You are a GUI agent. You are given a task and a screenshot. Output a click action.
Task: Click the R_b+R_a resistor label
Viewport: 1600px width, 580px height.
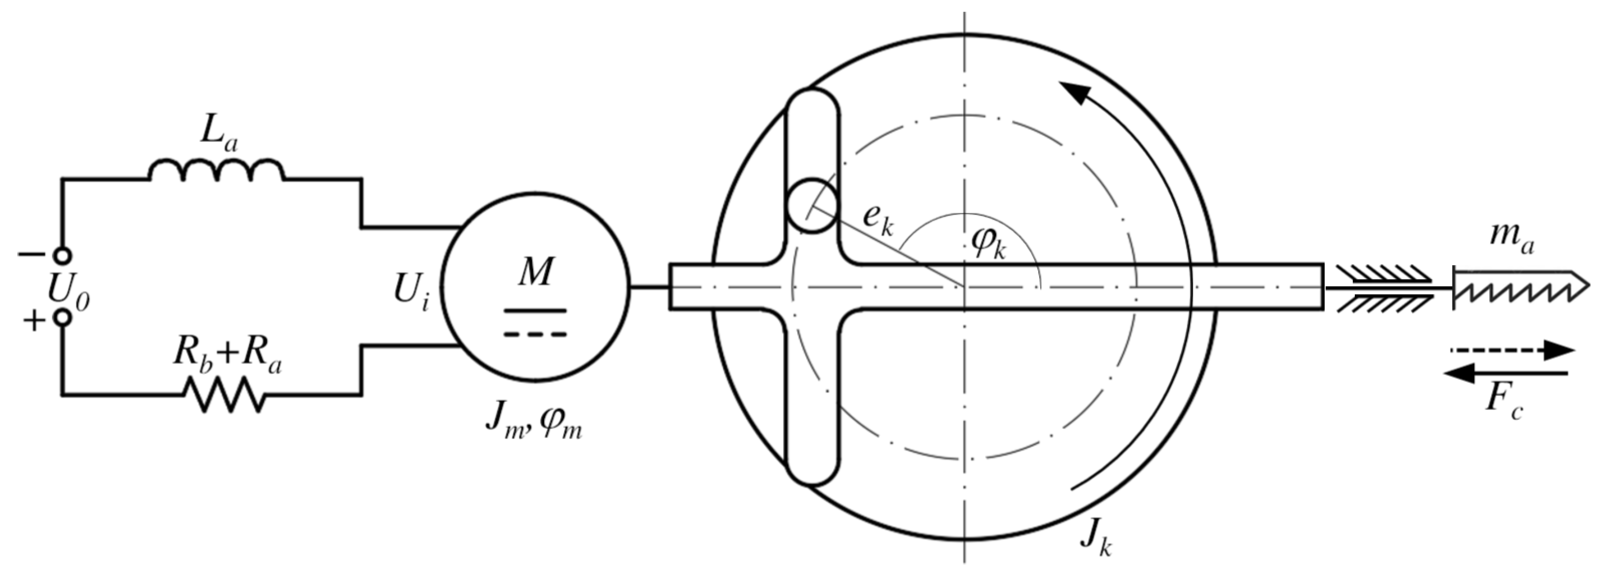point(226,358)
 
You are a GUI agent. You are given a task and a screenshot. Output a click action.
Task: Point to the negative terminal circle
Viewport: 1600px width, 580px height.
point(62,255)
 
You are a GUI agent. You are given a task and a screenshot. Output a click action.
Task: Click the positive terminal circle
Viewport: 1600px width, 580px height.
point(62,317)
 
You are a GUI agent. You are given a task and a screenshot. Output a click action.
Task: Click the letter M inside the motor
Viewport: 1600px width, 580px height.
point(536,271)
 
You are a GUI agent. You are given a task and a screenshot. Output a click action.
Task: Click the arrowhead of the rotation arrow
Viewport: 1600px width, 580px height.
point(1075,93)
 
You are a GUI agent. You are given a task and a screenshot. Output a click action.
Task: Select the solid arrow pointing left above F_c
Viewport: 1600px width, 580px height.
point(1506,373)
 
